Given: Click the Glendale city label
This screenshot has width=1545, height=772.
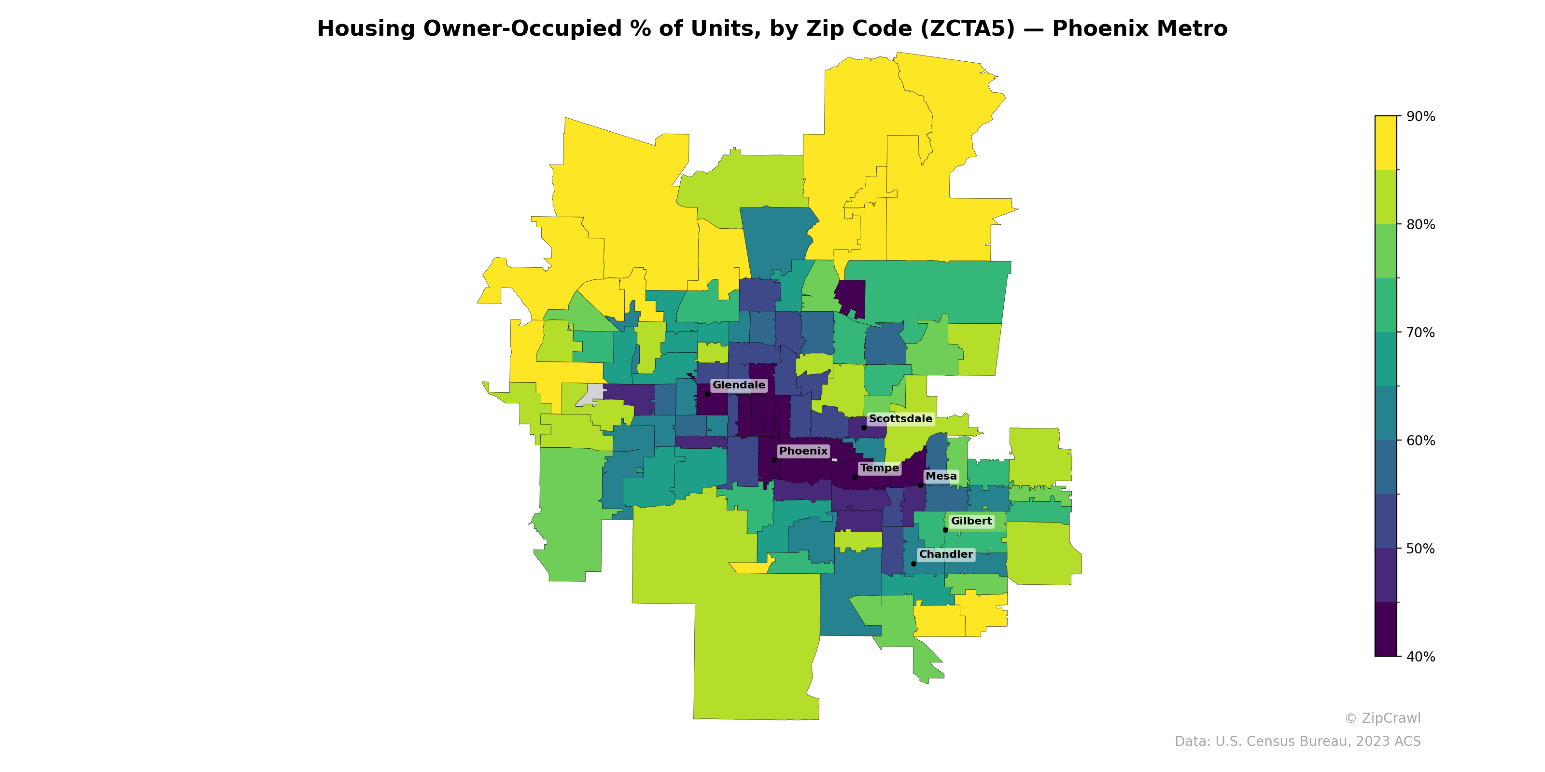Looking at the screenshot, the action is tap(738, 385).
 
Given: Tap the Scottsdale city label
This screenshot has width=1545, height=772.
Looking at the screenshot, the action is tap(900, 418).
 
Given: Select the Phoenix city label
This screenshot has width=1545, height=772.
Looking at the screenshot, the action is tap(803, 451).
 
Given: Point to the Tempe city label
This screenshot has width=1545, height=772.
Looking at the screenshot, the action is tap(879, 468).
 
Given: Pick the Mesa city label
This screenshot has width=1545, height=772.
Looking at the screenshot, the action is tap(941, 476).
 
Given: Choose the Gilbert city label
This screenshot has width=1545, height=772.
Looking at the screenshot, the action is tap(971, 521).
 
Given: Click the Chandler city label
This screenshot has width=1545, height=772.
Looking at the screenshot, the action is tap(946, 554).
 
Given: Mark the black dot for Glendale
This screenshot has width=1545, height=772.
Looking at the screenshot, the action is tap(707, 394).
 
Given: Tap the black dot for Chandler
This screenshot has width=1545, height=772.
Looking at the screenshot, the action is tap(913, 564).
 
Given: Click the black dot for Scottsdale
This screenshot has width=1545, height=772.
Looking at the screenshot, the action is tap(864, 427).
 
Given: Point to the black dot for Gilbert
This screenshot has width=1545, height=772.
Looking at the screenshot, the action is tap(945, 530).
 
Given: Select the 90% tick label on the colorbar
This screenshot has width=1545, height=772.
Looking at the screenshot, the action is tap(1420, 116).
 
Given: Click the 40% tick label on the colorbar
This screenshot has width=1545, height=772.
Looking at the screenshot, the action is tap(1420, 656).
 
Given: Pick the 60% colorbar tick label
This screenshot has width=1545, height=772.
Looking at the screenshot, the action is tap(1420, 441).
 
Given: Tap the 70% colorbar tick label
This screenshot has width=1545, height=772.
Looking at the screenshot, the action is tap(1420, 332).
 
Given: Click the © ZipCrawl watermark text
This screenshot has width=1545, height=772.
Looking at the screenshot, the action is tap(1382, 718).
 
